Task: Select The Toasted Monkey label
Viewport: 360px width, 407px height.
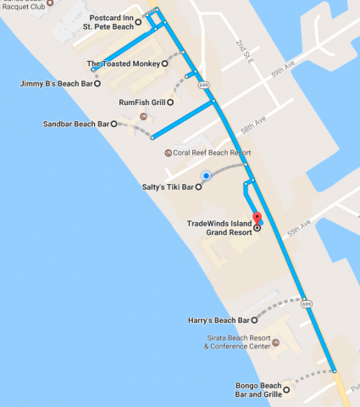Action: click(123, 64)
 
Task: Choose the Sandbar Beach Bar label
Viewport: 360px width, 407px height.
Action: click(75, 124)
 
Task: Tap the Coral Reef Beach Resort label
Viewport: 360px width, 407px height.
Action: click(213, 153)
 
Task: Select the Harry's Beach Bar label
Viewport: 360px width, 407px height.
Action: click(218, 321)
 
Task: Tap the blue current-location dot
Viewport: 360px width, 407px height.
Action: click(204, 176)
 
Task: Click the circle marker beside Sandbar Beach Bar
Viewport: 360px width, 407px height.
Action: click(114, 124)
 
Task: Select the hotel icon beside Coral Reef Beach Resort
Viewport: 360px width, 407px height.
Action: click(167, 153)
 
